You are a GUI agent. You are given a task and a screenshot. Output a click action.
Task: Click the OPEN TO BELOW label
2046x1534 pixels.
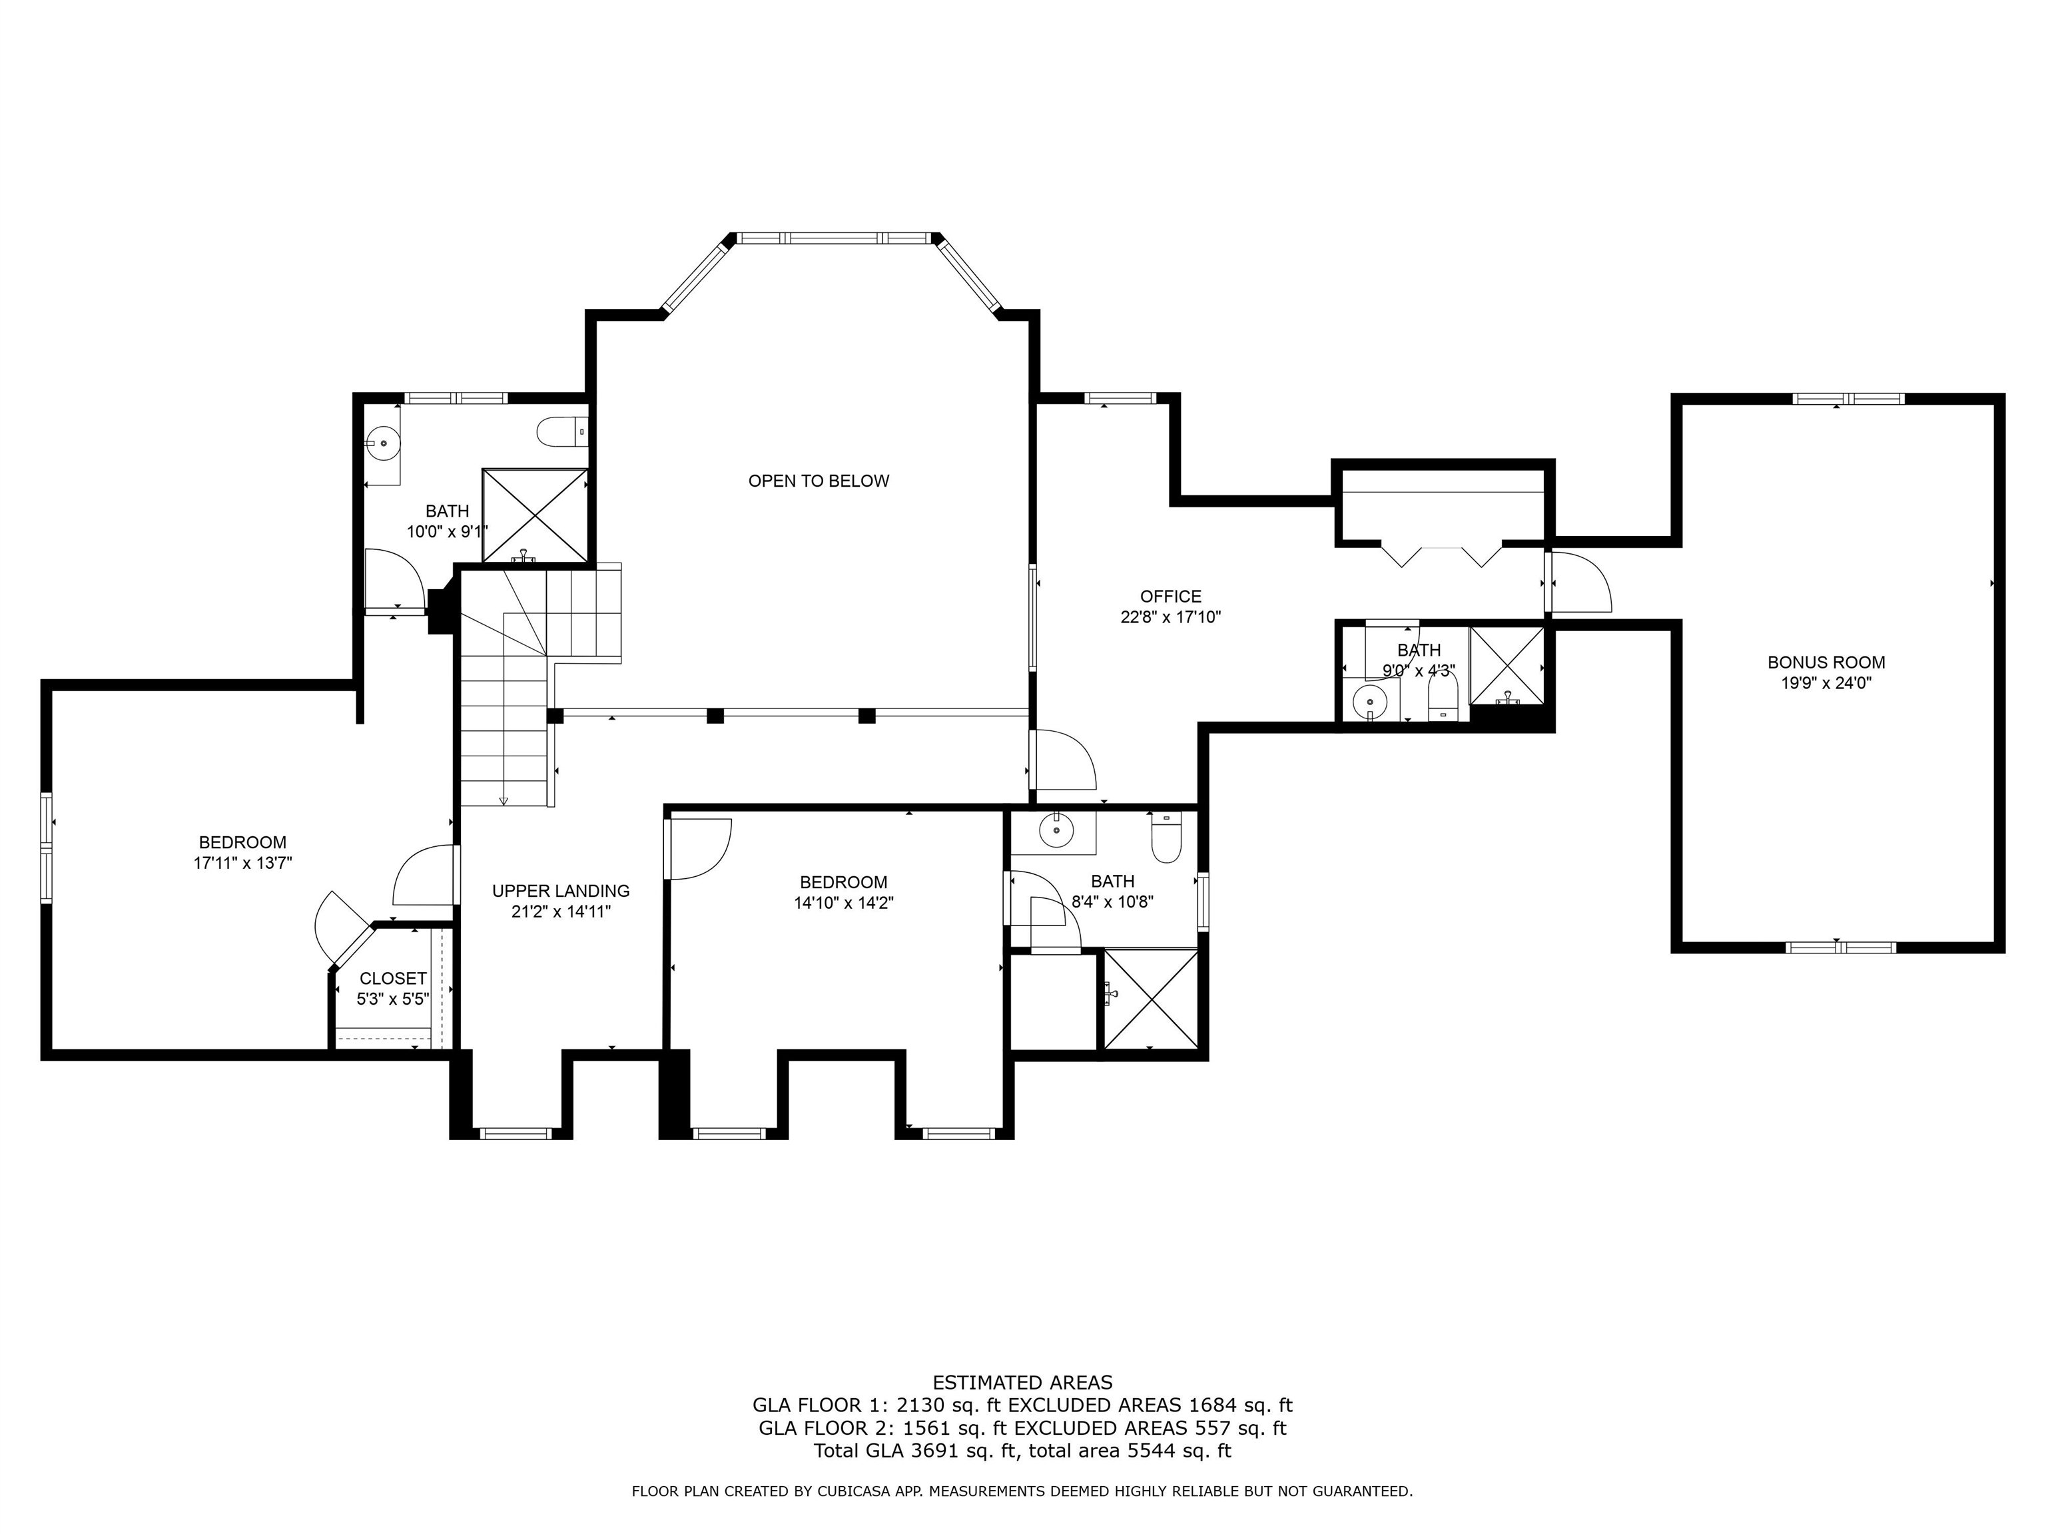[x=818, y=481]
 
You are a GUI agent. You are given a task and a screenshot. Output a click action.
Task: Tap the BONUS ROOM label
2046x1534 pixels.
[x=1825, y=662]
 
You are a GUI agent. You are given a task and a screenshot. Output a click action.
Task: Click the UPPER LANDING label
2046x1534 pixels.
[x=561, y=890]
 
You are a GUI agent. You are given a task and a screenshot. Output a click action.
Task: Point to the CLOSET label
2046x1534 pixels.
[x=393, y=978]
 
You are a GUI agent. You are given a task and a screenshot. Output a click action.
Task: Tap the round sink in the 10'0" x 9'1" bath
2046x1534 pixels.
[x=381, y=444]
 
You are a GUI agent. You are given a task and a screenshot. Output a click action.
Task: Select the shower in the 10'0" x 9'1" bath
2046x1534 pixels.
[x=535, y=515]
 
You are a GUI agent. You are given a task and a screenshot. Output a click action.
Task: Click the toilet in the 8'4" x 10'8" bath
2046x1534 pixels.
[x=1166, y=838]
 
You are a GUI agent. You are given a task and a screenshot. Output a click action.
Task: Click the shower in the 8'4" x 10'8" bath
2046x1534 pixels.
[x=1150, y=999]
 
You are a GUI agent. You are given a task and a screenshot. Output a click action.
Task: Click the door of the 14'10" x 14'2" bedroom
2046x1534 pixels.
[x=699, y=848]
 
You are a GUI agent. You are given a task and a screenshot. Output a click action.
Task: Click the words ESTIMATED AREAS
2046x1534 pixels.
[x=1022, y=1382]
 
